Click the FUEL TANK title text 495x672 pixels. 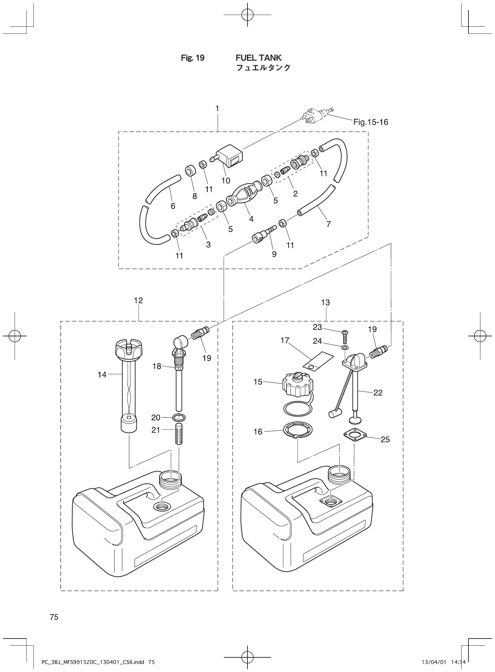(x=259, y=58)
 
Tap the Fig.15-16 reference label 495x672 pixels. (x=370, y=122)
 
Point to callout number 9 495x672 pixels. (x=274, y=254)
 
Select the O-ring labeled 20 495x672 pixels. (x=179, y=417)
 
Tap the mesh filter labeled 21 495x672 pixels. (x=179, y=434)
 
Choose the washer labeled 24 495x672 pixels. (x=345, y=347)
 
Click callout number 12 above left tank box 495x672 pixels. (x=139, y=300)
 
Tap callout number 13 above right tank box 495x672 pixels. (x=325, y=303)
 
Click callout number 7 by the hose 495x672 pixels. (x=328, y=224)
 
